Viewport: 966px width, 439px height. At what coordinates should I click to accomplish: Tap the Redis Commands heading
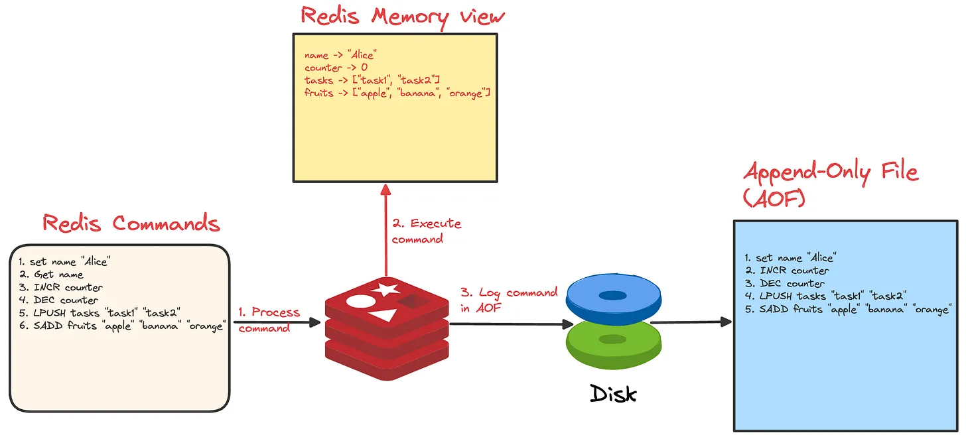click(x=131, y=223)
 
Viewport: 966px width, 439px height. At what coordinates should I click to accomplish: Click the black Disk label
click(x=613, y=393)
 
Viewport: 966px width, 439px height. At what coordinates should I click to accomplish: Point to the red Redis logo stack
click(x=385, y=328)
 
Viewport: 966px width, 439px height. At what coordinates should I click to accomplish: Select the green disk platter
click(x=613, y=342)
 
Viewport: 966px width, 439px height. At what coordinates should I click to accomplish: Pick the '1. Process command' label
click(x=269, y=320)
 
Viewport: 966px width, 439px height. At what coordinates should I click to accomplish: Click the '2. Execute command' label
click(x=426, y=231)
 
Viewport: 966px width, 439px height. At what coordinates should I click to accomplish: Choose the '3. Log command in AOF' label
click(x=509, y=299)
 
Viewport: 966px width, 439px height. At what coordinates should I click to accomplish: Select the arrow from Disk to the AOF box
click(x=690, y=322)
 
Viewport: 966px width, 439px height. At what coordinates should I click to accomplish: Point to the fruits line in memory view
click(x=397, y=93)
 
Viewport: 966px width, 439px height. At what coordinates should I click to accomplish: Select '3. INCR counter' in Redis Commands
click(x=61, y=287)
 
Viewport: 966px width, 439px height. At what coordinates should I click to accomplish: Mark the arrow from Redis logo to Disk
click(x=511, y=324)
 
